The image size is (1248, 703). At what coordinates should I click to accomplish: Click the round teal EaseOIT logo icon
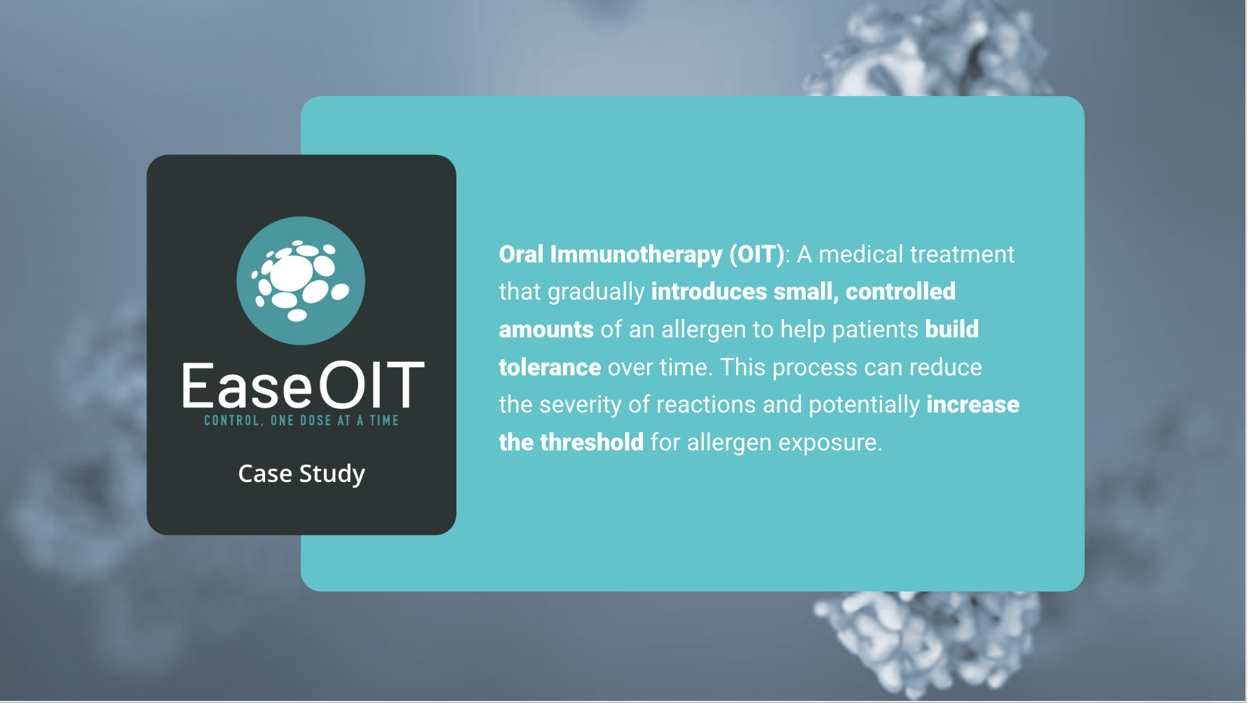tap(301, 281)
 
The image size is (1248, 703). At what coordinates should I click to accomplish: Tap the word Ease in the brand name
tap(247, 386)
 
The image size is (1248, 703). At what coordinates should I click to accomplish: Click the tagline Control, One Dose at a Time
tap(301, 420)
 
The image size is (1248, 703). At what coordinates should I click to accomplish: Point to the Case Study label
tap(301, 474)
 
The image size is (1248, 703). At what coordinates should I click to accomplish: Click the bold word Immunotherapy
tap(637, 255)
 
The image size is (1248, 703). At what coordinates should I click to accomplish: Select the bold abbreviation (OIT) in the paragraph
tap(757, 254)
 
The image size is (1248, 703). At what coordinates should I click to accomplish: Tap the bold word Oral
tap(522, 254)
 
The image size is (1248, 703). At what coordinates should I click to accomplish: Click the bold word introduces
tap(709, 292)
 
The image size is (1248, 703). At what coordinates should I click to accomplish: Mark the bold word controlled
tap(900, 292)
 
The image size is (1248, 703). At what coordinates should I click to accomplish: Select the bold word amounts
tap(546, 330)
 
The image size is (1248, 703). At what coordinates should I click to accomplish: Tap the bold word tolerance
tap(550, 368)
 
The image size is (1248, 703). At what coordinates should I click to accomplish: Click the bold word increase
tap(973, 405)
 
